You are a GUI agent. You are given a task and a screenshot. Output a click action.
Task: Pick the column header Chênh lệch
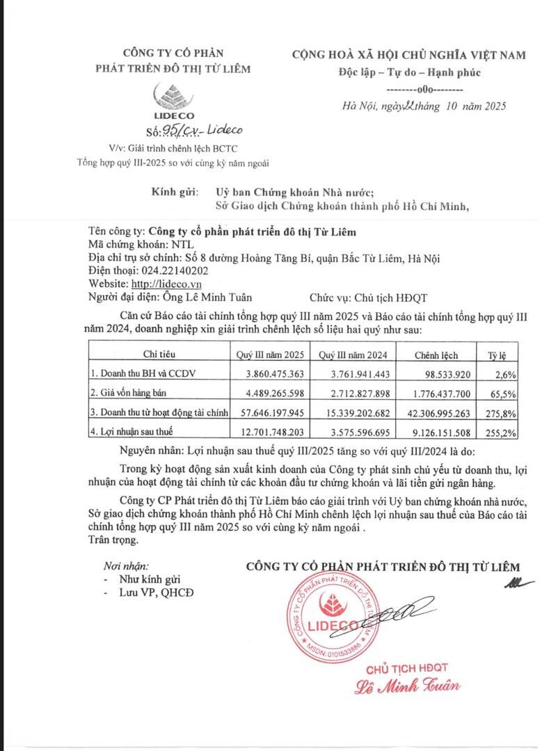[436, 355]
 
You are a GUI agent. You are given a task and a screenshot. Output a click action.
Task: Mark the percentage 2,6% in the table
[517, 374]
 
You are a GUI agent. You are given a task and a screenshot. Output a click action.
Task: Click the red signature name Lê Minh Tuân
[408, 688]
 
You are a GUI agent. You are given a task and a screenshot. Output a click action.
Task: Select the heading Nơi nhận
[126, 566]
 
